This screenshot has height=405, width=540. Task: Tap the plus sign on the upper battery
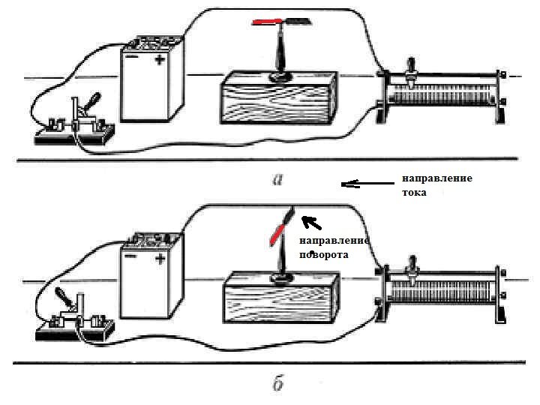click(x=160, y=61)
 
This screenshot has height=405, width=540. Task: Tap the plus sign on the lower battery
click(x=160, y=259)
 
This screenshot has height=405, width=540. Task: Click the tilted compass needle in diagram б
click(x=280, y=229)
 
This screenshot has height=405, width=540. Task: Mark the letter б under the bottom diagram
click(x=277, y=385)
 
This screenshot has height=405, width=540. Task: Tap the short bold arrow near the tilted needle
click(x=310, y=222)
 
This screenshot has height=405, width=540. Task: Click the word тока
click(x=414, y=193)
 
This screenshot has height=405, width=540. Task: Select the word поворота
click(x=323, y=255)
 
